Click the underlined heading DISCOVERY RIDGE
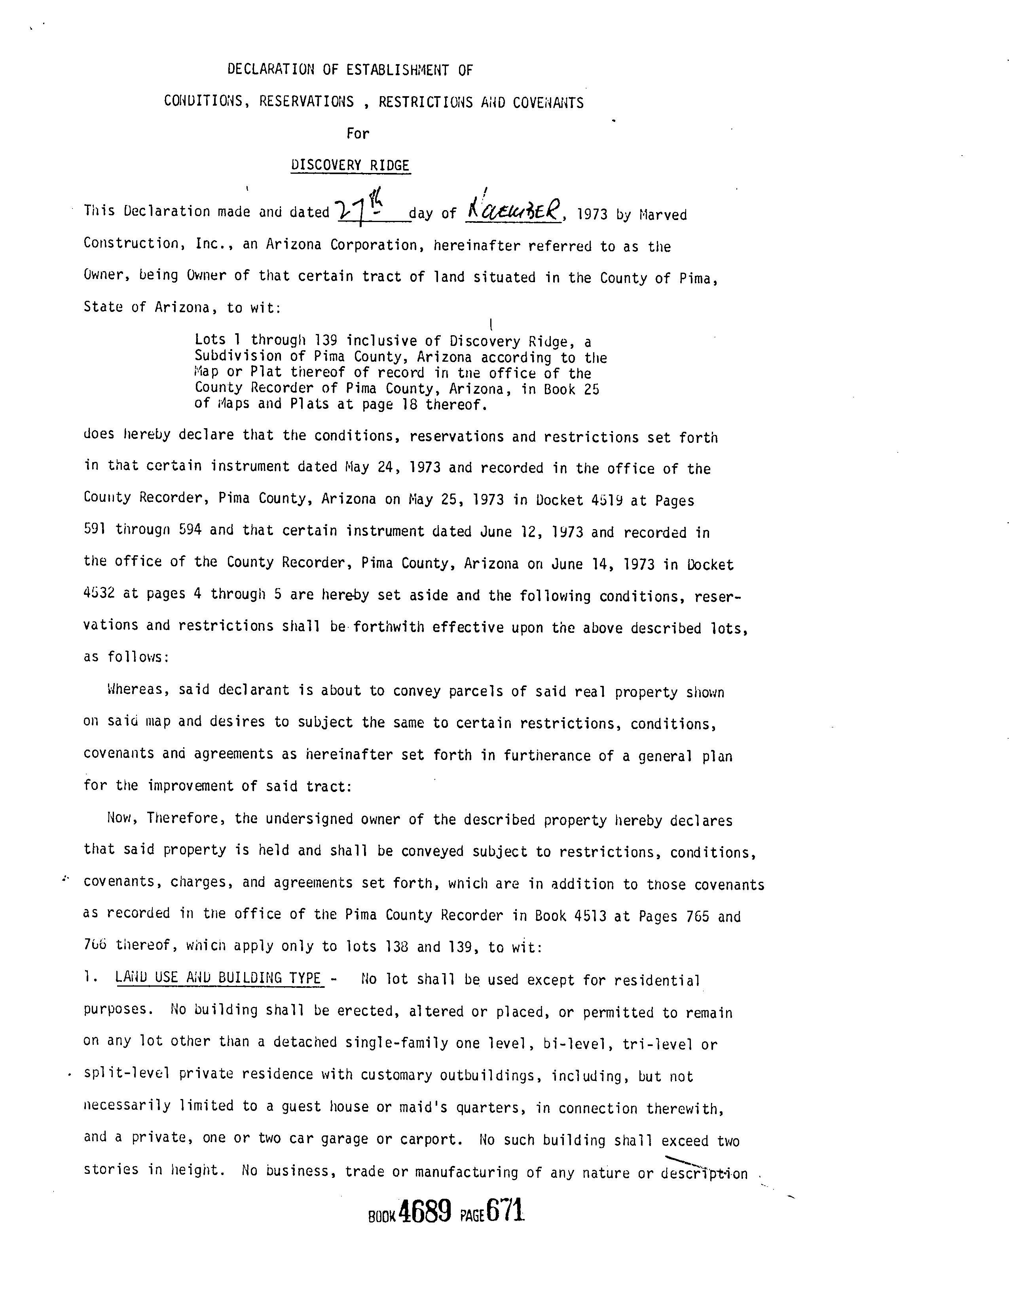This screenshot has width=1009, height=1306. [350, 165]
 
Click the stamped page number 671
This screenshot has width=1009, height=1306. [506, 1211]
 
